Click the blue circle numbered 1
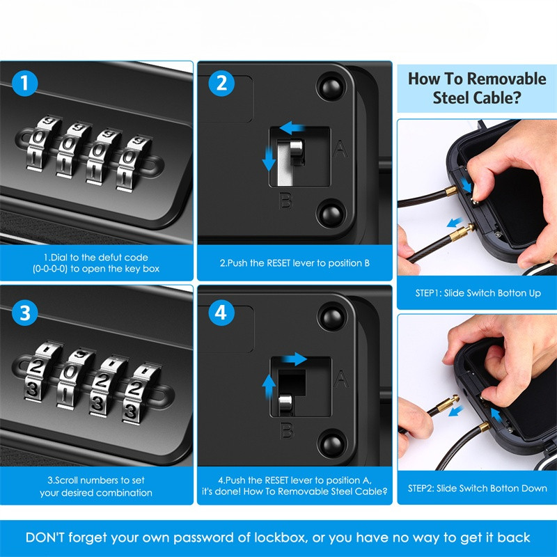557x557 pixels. [x=24, y=83]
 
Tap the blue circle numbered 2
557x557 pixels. [x=221, y=83]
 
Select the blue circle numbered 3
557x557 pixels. [x=24, y=313]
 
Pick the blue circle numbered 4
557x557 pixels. [x=221, y=313]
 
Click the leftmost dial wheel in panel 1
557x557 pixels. [x=40, y=143]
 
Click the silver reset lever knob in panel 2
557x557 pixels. [x=297, y=150]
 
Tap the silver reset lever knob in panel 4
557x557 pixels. [x=285, y=405]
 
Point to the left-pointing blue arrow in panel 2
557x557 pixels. [x=291, y=127]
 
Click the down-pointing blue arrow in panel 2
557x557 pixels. [x=269, y=158]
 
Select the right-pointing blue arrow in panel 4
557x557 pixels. [x=295, y=359]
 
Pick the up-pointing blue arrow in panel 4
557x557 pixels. [x=269, y=388]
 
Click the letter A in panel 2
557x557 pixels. [x=340, y=149]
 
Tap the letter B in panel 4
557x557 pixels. [x=286, y=430]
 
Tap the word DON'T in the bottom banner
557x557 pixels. [x=45, y=537]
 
